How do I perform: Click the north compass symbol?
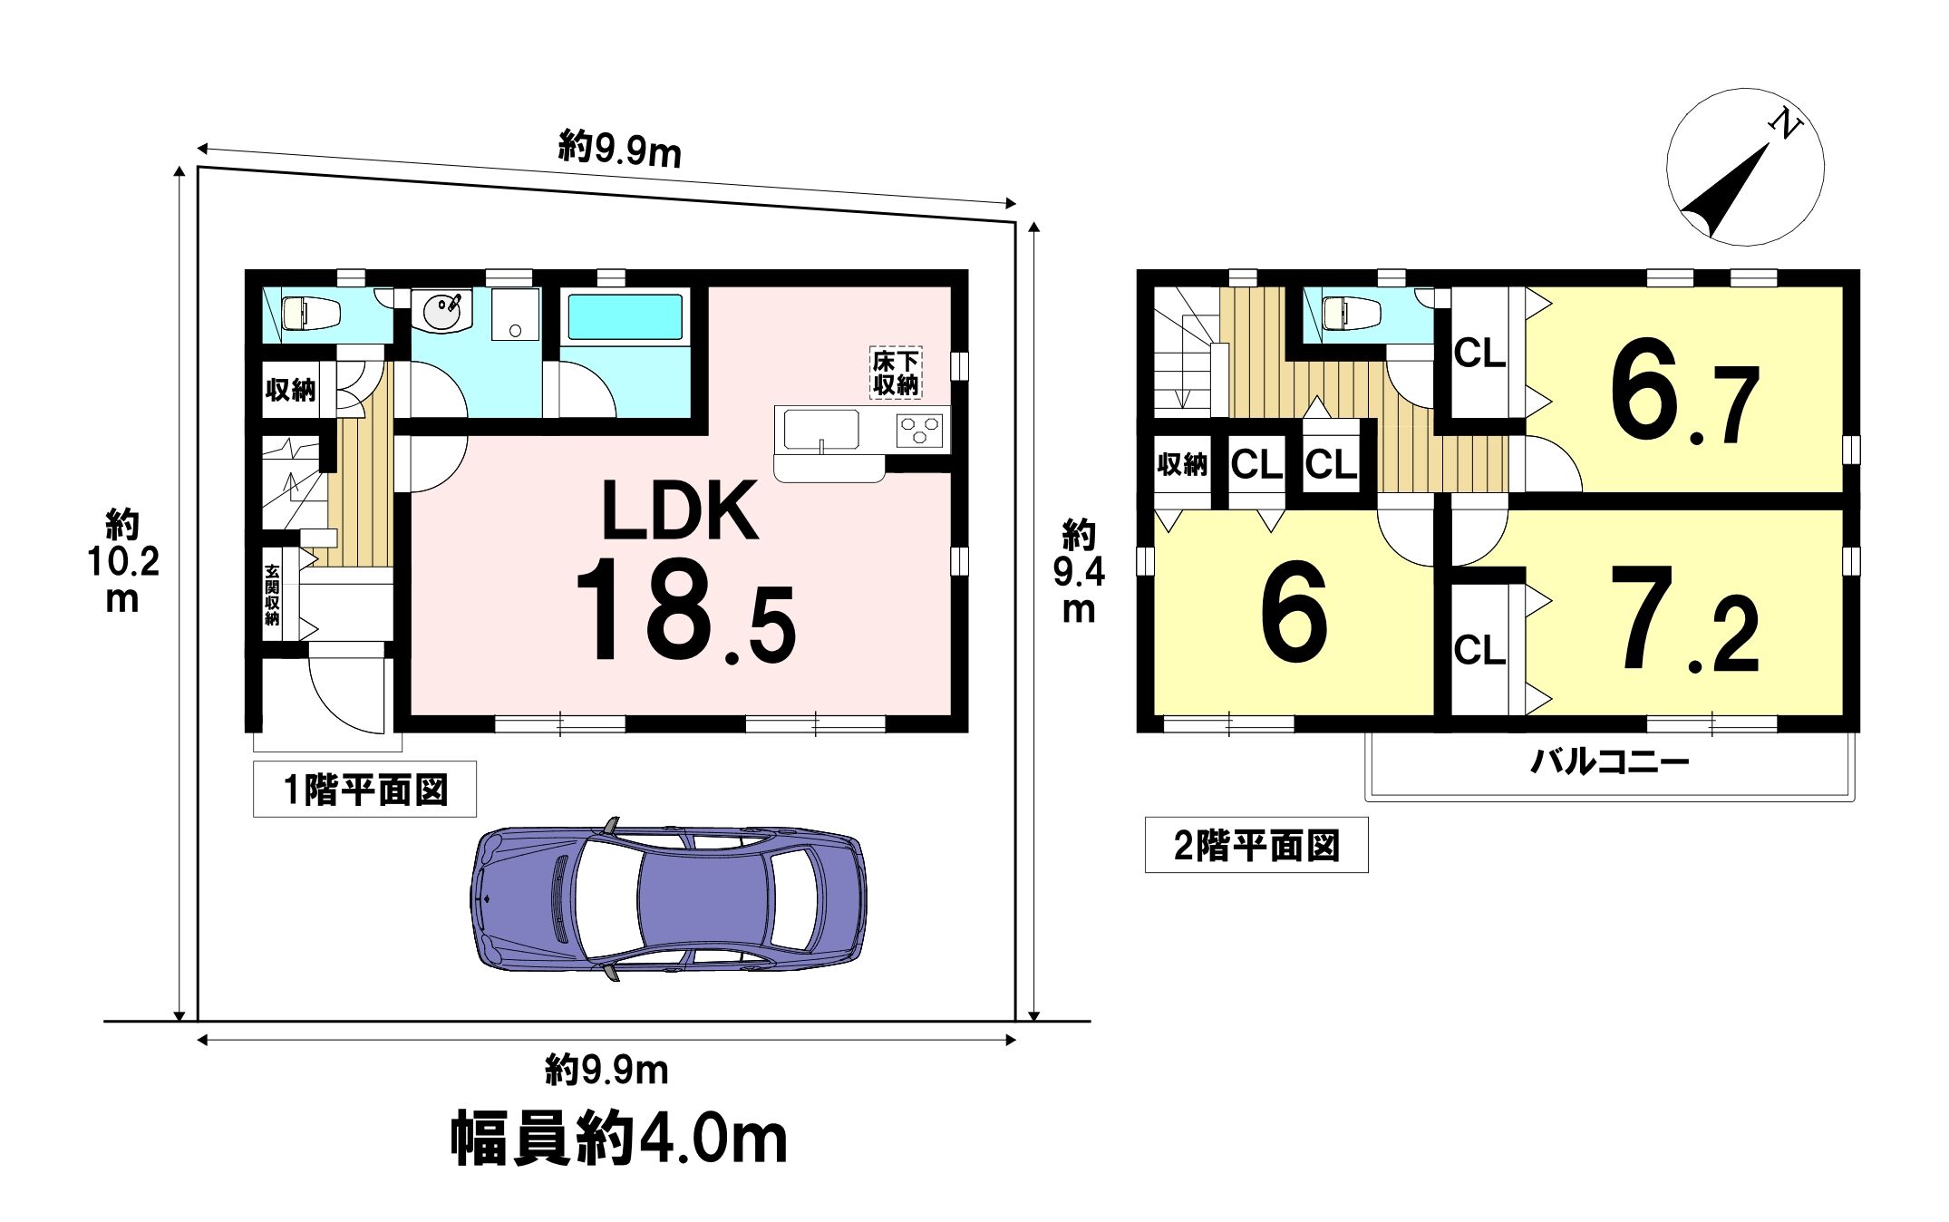click(1745, 167)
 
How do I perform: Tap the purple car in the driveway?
click(668, 899)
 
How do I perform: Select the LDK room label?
click(681, 511)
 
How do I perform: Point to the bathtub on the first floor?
click(625, 316)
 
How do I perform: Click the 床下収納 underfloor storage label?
click(896, 373)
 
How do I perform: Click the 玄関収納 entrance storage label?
click(273, 595)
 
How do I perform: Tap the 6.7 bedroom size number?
click(1684, 394)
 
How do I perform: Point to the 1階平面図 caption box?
click(364, 790)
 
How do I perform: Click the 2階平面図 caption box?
click(1256, 846)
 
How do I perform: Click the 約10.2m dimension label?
click(122, 562)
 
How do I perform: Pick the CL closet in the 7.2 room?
click(1479, 649)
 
